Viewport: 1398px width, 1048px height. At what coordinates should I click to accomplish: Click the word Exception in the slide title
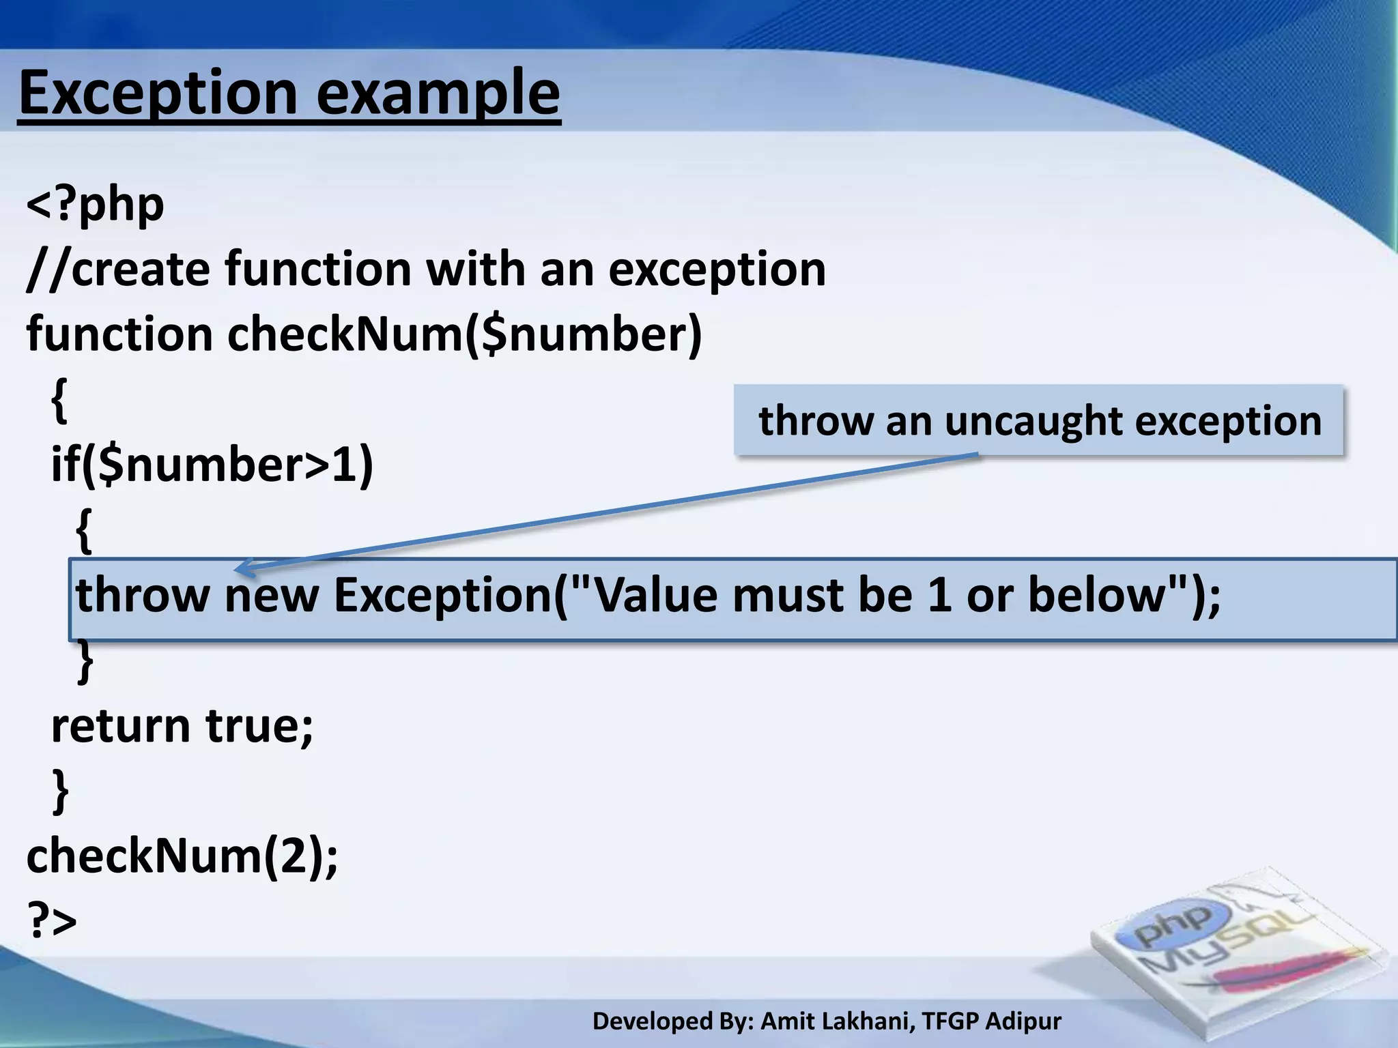(x=158, y=93)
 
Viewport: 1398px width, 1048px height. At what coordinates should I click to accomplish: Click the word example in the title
(x=438, y=93)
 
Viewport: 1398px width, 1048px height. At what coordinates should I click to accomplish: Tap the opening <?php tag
(x=95, y=205)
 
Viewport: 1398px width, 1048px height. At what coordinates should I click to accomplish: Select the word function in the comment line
(x=318, y=269)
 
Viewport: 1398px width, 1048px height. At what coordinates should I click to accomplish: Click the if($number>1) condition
(x=212, y=465)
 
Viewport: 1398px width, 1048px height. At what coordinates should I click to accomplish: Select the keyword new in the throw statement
(x=272, y=595)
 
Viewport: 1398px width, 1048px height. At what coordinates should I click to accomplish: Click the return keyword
(x=121, y=725)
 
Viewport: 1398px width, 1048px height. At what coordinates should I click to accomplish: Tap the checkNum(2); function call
(x=182, y=856)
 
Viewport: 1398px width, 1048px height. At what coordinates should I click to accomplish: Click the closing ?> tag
(x=52, y=920)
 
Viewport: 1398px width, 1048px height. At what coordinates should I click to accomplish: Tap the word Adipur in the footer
(x=1023, y=1021)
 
